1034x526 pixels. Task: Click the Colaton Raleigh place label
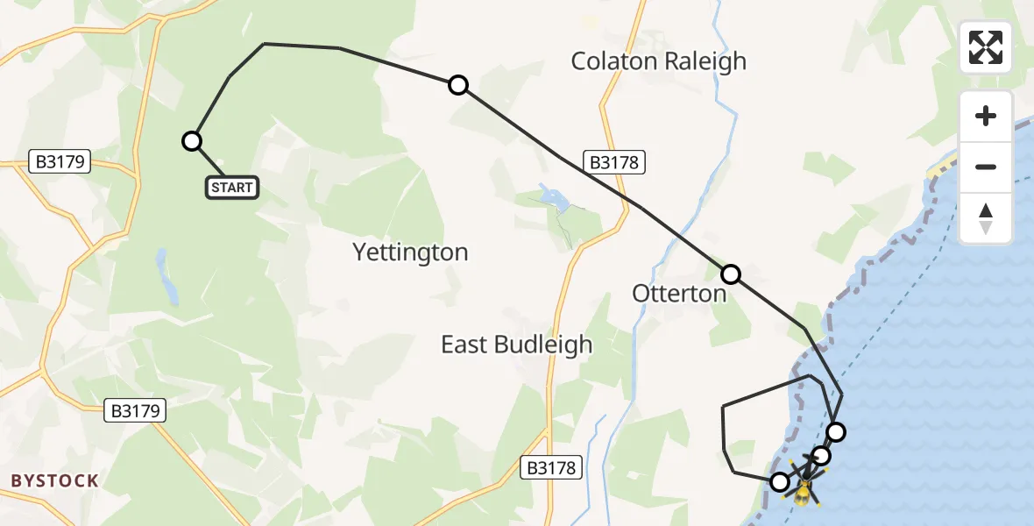pyautogui.click(x=658, y=61)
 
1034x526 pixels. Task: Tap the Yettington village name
pyautogui.click(x=410, y=252)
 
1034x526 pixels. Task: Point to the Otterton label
pyautogui.click(x=679, y=294)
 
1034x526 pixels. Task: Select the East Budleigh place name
pyautogui.click(x=516, y=345)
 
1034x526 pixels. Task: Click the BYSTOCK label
pyautogui.click(x=54, y=480)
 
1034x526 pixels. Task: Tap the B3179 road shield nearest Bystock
pyautogui.click(x=135, y=410)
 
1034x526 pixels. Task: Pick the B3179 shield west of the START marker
pyautogui.click(x=61, y=162)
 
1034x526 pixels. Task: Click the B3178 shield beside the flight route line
pyautogui.click(x=614, y=162)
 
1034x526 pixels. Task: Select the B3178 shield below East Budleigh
pyautogui.click(x=552, y=468)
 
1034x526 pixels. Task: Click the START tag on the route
pyautogui.click(x=232, y=188)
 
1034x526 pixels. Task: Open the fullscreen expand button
pyautogui.click(x=986, y=47)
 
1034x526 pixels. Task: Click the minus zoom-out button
pyautogui.click(x=986, y=167)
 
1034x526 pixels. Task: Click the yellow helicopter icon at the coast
pyautogui.click(x=803, y=492)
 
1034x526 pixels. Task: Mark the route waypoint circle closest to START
pyautogui.click(x=192, y=141)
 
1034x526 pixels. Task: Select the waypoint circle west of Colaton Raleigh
pyautogui.click(x=458, y=85)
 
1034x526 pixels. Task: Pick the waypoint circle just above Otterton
pyautogui.click(x=731, y=274)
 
